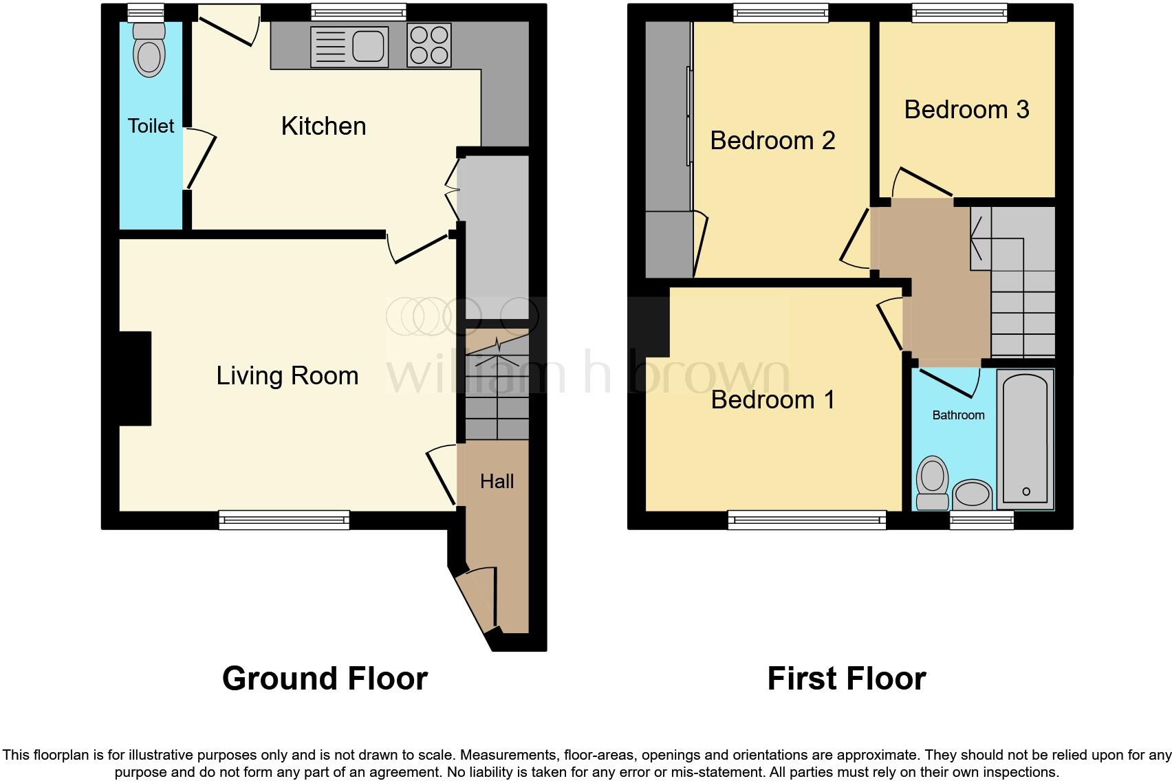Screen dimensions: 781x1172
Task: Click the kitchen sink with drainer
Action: point(349,47)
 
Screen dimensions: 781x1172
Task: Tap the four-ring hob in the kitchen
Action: point(428,45)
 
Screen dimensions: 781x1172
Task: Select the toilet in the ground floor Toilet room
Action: point(149,52)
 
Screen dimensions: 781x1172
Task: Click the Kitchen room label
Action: point(323,126)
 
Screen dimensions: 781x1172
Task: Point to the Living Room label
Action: point(287,375)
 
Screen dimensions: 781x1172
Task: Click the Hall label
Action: point(497,481)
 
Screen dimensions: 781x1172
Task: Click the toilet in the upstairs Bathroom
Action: point(933,483)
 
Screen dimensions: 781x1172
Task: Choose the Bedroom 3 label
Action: point(966,109)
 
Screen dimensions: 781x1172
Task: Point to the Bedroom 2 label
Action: point(772,140)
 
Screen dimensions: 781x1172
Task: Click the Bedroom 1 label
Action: point(772,399)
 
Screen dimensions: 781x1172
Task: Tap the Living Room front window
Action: point(284,520)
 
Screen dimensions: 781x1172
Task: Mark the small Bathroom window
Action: point(981,520)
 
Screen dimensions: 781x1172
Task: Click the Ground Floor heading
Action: point(325,679)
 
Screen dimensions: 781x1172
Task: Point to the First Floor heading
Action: point(846,679)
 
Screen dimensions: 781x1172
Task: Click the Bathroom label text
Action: point(958,415)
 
